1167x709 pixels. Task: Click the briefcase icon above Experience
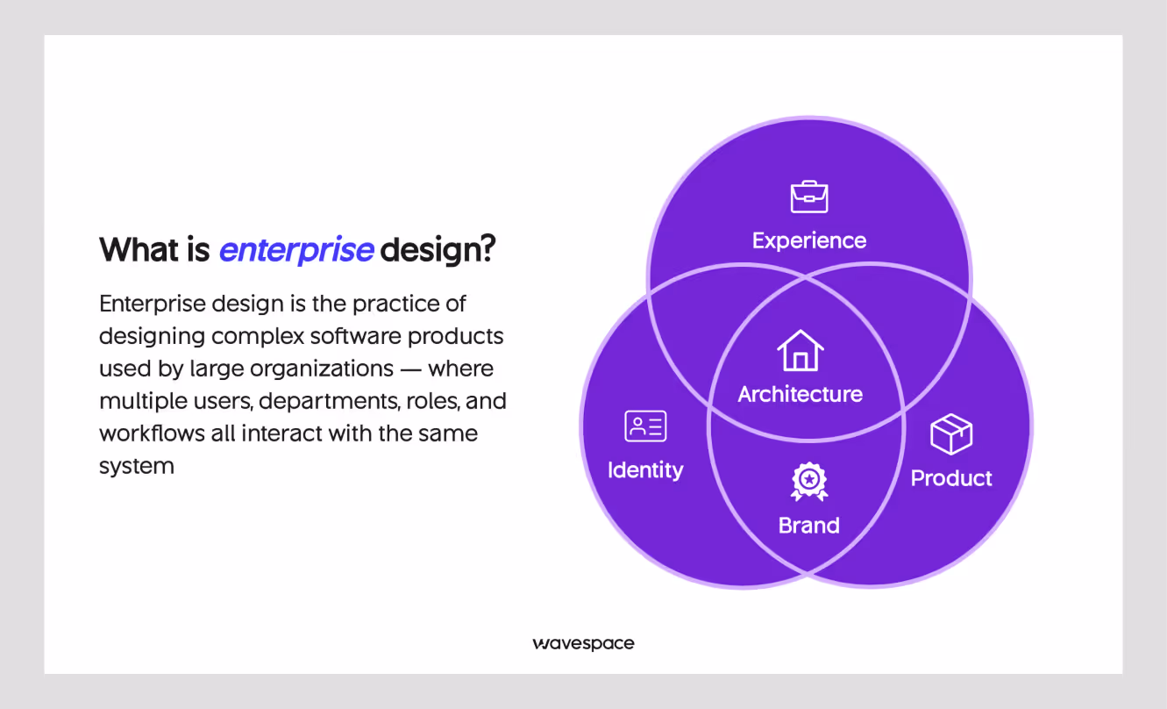pyautogui.click(x=809, y=197)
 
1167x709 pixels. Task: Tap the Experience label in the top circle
pyautogui.click(x=809, y=240)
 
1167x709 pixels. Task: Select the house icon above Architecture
pyautogui.click(x=800, y=350)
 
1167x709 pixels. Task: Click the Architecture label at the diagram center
pyautogui.click(x=800, y=394)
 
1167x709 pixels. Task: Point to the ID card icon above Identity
pyautogui.click(x=645, y=426)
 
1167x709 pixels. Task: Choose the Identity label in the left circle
pyautogui.click(x=645, y=470)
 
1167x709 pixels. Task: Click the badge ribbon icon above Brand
pyautogui.click(x=809, y=482)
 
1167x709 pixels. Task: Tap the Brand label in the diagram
pyautogui.click(x=809, y=526)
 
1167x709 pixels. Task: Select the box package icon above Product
pyautogui.click(x=951, y=434)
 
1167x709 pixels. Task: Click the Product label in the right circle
pyautogui.click(x=951, y=478)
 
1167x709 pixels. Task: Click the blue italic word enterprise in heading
pyautogui.click(x=296, y=250)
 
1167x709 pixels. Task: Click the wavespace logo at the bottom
pyautogui.click(x=583, y=643)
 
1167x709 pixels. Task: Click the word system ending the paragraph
pyautogui.click(x=136, y=466)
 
